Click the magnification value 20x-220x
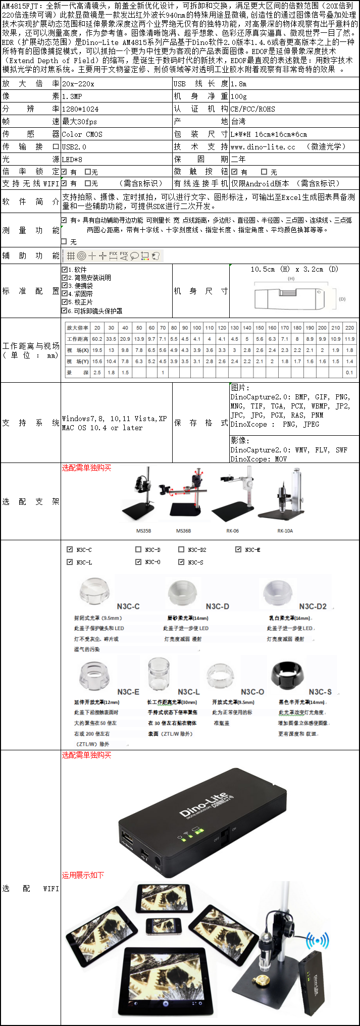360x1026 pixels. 78,84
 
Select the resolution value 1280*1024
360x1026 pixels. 80,109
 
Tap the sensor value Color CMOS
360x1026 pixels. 82,134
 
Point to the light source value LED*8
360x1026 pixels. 72,160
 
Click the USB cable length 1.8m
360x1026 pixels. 239,84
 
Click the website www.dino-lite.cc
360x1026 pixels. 263,147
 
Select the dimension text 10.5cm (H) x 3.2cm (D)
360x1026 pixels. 294,269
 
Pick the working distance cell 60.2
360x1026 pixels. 97,339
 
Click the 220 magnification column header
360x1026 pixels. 349,328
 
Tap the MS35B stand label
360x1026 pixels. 143,531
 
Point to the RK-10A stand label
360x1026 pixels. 285,531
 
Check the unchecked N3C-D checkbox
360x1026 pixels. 138,549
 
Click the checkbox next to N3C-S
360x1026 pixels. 181,562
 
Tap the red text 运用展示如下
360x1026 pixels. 83,875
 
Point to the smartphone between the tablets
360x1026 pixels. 163,926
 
